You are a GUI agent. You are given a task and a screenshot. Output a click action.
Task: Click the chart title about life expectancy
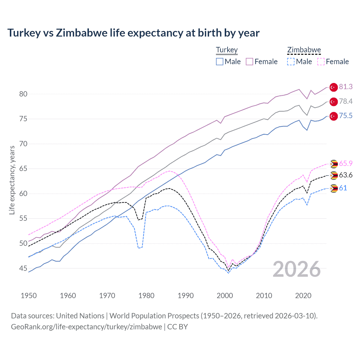click(133, 33)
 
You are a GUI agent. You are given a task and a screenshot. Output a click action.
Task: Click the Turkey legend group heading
click(227, 50)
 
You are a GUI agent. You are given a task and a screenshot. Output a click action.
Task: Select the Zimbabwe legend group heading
click(304, 50)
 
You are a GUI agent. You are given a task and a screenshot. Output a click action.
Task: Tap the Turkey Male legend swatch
click(220, 62)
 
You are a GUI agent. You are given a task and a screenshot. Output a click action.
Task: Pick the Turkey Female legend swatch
click(249, 62)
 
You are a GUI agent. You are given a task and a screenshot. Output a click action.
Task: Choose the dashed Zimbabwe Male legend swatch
click(291, 62)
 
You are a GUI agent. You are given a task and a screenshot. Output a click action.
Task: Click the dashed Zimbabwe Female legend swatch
click(321, 62)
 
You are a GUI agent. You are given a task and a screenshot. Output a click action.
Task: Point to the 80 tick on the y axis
click(23, 94)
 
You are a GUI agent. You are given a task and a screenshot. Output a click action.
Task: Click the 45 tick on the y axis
click(23, 268)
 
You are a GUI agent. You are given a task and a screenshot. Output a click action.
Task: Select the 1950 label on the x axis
click(29, 296)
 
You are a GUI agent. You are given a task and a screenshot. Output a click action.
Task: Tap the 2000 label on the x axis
click(225, 296)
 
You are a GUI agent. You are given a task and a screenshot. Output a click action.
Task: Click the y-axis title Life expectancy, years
click(12, 180)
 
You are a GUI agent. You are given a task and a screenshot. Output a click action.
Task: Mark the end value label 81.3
click(346, 87)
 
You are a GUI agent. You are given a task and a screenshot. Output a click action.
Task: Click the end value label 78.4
click(346, 101)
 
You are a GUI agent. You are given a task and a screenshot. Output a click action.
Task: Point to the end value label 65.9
click(346, 163)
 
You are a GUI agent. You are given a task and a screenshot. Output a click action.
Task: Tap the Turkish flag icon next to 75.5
click(334, 116)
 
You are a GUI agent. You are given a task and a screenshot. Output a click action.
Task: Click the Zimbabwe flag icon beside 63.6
click(334, 175)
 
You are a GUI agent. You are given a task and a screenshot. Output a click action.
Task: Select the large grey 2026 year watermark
click(297, 269)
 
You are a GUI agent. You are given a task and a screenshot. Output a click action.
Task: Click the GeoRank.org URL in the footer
click(86, 327)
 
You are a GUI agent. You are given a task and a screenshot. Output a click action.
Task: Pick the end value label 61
click(343, 188)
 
